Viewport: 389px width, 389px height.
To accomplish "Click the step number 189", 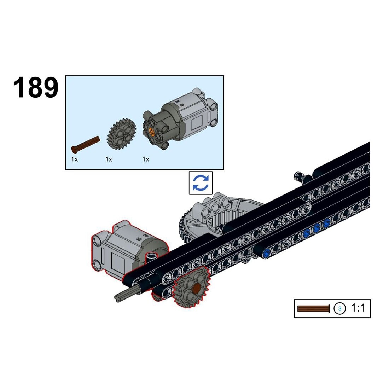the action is click(36, 87).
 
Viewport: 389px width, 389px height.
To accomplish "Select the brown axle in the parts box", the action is click(85, 144).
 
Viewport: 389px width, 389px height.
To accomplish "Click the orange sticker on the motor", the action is click(151, 132).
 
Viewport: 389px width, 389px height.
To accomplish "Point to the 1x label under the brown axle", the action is click(74, 159).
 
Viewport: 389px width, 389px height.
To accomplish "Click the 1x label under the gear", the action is click(109, 159).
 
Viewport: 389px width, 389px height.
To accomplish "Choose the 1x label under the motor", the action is click(146, 159).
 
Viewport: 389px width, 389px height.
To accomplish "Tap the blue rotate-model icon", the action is click(201, 183).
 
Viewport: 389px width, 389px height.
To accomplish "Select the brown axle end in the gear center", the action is click(197, 288).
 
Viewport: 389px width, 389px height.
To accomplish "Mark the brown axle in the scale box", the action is click(314, 309).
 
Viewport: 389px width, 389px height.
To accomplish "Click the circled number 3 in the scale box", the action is click(339, 309).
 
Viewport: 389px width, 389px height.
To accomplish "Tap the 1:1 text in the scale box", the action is click(358, 308).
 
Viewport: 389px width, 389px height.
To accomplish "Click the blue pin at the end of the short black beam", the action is click(267, 253).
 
